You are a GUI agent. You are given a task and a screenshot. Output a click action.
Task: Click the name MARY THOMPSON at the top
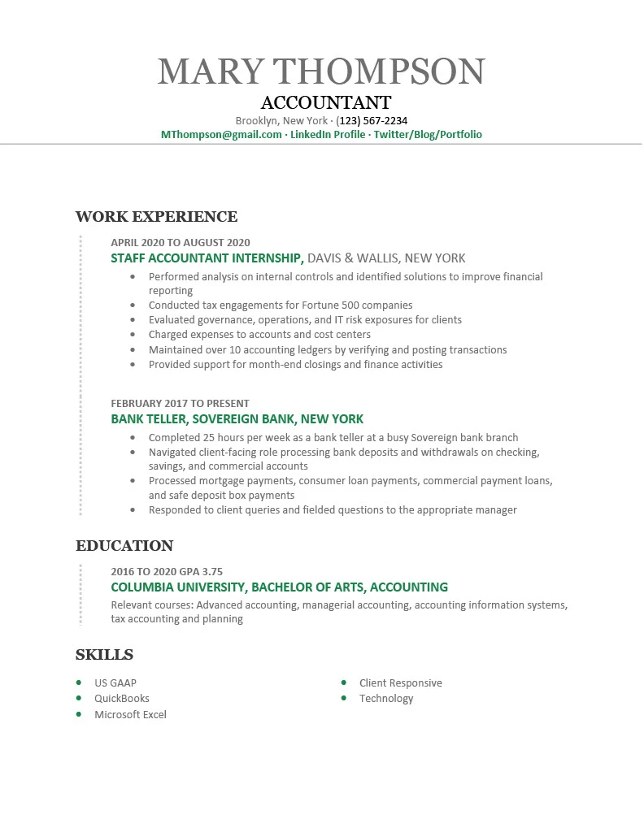pos(321,71)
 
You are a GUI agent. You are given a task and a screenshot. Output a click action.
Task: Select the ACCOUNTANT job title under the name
pos(326,103)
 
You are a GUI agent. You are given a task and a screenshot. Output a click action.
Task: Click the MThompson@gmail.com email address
pos(221,134)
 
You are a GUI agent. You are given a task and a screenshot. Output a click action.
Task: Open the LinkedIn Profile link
pos(328,134)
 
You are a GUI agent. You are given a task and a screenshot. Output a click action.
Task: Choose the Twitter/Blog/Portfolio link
pos(428,134)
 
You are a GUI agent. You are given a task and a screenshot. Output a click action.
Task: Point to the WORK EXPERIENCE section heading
pos(156,217)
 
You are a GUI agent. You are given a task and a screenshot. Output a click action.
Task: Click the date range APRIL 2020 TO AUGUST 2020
pos(181,242)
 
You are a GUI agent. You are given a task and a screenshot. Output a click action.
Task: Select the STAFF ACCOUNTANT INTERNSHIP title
pos(207,258)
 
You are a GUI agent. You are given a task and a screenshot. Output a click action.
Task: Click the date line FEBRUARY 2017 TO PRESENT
pos(180,403)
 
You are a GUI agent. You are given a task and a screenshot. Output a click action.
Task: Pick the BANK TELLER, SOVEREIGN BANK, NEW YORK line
pos(237,419)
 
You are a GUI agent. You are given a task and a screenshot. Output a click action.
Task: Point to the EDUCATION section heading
pos(124,546)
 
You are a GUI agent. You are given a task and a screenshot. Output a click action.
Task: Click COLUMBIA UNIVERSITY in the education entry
pos(178,587)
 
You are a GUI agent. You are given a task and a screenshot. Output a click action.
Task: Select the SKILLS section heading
pos(104,655)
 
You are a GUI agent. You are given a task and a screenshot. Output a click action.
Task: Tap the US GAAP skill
pos(115,683)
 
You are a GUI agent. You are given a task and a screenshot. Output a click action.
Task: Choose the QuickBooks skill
pos(122,699)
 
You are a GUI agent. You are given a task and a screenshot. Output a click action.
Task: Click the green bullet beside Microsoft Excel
pos(79,714)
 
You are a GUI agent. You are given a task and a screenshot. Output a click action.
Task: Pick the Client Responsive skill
pos(401,683)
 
